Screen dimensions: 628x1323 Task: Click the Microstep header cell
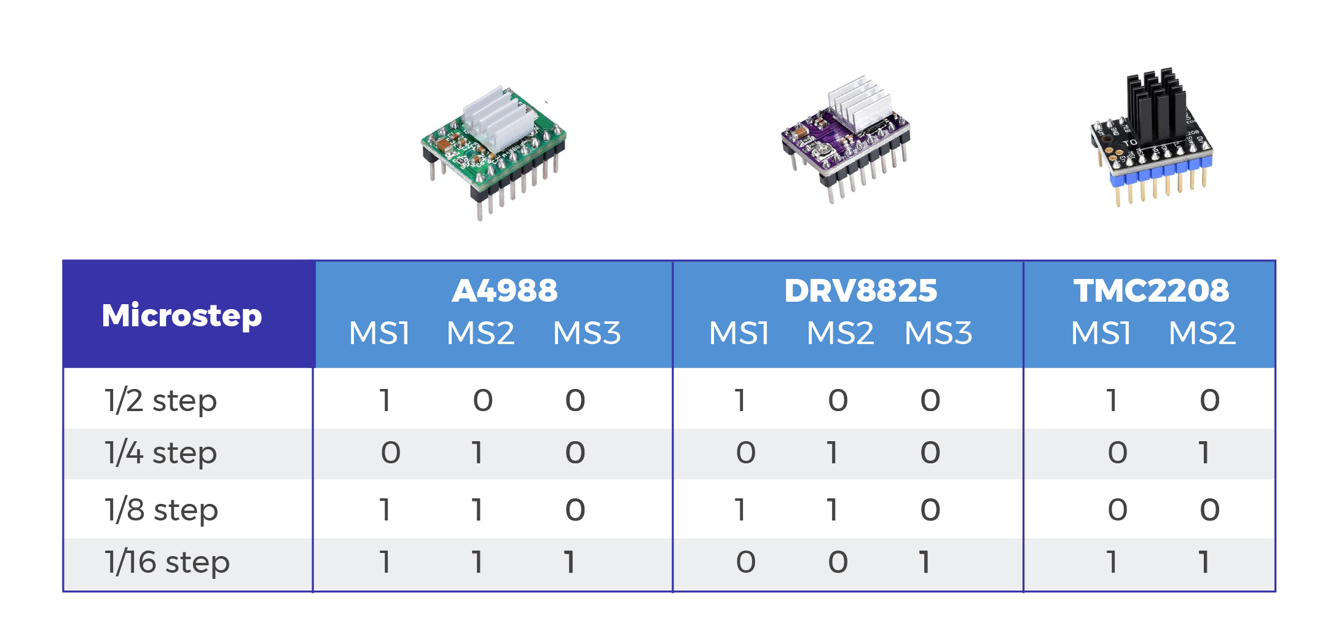(182, 315)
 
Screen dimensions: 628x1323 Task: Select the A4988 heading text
(504, 291)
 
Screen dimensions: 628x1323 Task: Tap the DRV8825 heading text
(860, 291)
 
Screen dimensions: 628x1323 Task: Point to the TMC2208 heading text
(1151, 291)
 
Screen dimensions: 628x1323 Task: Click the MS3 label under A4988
(587, 333)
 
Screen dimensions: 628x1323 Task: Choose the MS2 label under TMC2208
(1202, 333)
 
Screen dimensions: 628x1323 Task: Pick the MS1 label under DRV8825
(739, 333)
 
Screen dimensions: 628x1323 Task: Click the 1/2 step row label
(160, 401)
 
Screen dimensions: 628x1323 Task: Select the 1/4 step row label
(160, 453)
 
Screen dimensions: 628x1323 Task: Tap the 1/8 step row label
(161, 510)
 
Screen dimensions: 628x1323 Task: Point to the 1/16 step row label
(167, 562)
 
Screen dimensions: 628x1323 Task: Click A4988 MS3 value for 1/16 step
(570, 562)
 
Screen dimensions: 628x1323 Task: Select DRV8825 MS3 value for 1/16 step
(925, 562)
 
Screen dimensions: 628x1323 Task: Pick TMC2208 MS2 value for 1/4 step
(1204, 453)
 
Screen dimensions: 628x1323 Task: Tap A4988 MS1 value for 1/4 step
(391, 453)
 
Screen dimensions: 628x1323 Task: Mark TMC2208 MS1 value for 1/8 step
(1117, 510)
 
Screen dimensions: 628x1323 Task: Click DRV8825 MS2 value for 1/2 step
(838, 401)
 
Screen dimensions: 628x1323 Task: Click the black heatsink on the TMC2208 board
(1155, 104)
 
